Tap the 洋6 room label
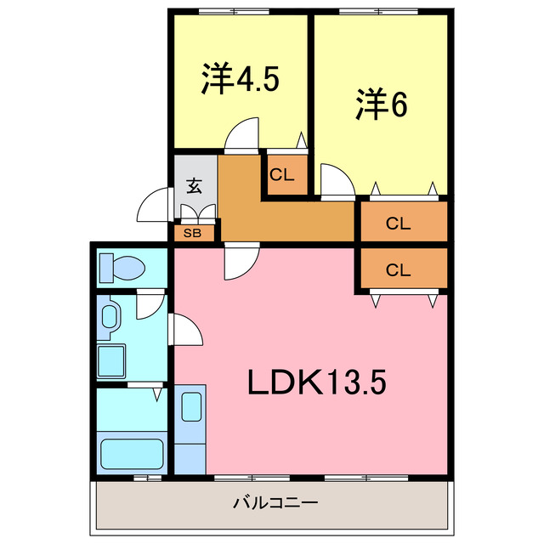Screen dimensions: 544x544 [382, 105]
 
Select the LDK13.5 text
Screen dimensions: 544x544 [317, 382]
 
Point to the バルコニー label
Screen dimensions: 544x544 [276, 503]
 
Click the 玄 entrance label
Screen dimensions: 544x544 [195, 186]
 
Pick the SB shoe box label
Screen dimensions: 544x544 [194, 231]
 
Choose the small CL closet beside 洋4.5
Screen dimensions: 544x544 [282, 176]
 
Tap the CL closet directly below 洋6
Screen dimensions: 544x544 [399, 224]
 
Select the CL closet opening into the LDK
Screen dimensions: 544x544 [399, 270]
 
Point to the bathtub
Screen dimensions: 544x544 [132, 452]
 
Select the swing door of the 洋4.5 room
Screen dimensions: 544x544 [243, 134]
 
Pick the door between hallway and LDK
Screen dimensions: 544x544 [241, 261]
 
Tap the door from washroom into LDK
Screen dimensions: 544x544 [186, 330]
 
